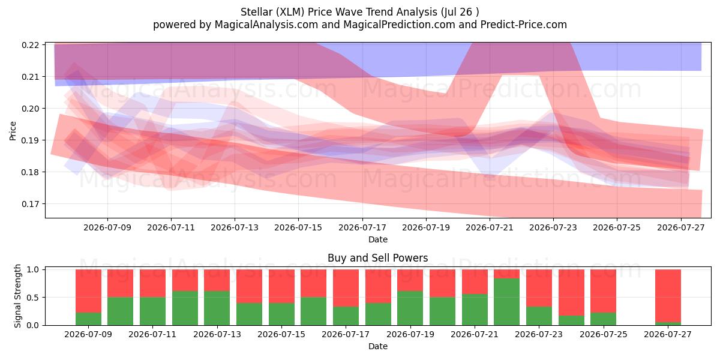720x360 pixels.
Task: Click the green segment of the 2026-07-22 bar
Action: click(506, 301)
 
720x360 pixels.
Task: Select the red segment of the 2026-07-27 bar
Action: click(668, 296)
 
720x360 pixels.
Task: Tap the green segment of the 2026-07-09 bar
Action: click(88, 319)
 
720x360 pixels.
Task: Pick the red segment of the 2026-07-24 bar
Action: click(571, 293)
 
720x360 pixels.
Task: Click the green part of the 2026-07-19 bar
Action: click(410, 308)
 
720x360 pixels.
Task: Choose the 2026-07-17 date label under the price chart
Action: click(362, 227)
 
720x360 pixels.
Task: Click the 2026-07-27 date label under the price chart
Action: click(681, 227)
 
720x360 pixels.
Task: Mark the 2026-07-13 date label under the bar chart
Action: click(217, 334)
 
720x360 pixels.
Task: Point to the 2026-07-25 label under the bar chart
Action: click(604, 334)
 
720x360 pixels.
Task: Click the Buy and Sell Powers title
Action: click(377, 258)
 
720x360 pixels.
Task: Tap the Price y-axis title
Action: click(13, 131)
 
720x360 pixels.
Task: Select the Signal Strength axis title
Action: click(17, 296)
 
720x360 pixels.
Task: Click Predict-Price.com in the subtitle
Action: click(524, 25)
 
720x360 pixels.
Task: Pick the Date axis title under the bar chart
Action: click(378, 346)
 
